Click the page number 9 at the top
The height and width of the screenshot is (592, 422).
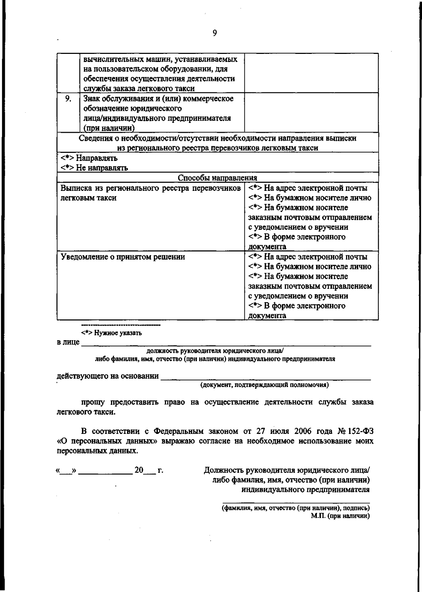(215, 33)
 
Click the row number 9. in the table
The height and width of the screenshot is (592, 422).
(68, 99)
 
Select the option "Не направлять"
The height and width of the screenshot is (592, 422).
(102, 168)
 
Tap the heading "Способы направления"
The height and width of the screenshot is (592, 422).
(217, 178)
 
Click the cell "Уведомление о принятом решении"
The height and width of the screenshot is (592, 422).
(123, 257)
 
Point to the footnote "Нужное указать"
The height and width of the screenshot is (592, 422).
(118, 332)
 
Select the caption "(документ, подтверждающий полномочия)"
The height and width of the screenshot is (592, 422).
(264, 385)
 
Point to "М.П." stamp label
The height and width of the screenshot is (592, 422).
(318, 516)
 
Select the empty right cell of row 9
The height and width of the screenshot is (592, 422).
(311, 112)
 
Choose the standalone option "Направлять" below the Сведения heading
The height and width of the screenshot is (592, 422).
(96, 158)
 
